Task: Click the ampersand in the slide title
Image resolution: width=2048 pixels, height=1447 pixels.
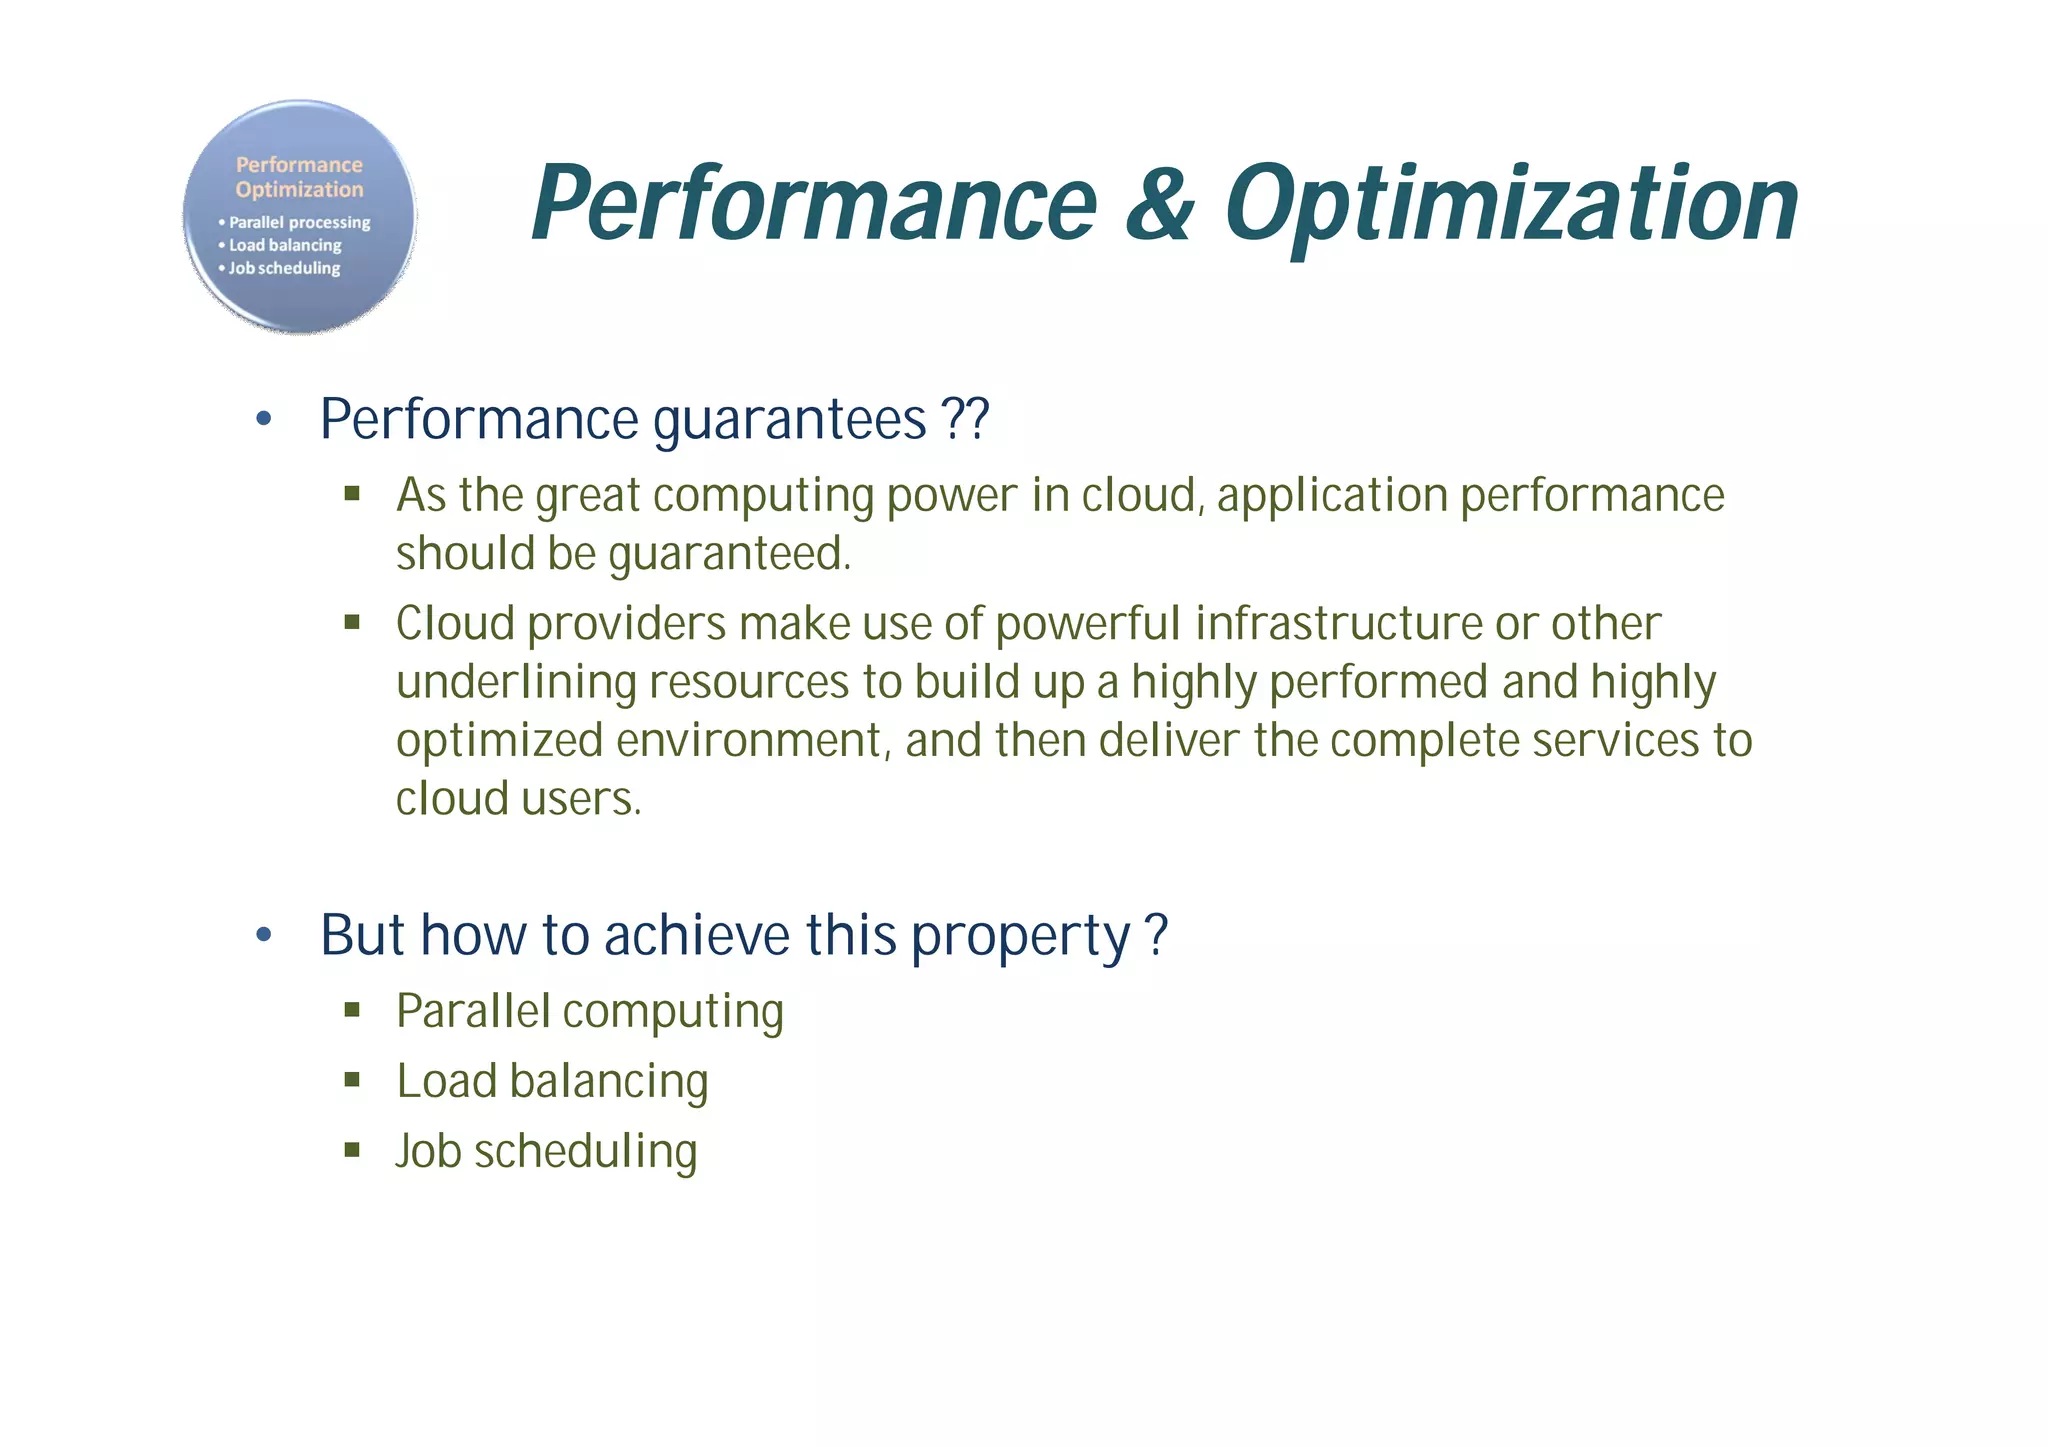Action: (1160, 205)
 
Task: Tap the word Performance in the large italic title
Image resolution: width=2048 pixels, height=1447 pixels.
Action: (814, 205)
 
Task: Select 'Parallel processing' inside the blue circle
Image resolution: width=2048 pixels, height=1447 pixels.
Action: (299, 222)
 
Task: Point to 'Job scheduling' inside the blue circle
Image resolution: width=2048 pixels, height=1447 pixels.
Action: (284, 268)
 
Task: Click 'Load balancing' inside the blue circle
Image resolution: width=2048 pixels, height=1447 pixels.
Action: (285, 245)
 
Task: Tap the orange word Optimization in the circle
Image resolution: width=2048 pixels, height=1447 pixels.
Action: (299, 189)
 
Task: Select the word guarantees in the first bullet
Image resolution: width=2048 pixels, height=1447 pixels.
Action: (790, 420)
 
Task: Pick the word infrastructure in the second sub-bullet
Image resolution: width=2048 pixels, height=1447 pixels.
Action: (1338, 624)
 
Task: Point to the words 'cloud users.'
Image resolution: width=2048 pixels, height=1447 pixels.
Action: (518, 799)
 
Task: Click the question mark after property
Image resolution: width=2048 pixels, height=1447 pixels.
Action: (1156, 935)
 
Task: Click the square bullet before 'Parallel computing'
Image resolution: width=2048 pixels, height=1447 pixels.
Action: (352, 1009)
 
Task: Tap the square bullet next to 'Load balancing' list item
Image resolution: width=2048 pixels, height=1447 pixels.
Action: (352, 1079)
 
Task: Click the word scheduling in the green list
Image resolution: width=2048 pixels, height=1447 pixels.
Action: (585, 1151)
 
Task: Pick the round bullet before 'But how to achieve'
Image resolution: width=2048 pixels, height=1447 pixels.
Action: (264, 935)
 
